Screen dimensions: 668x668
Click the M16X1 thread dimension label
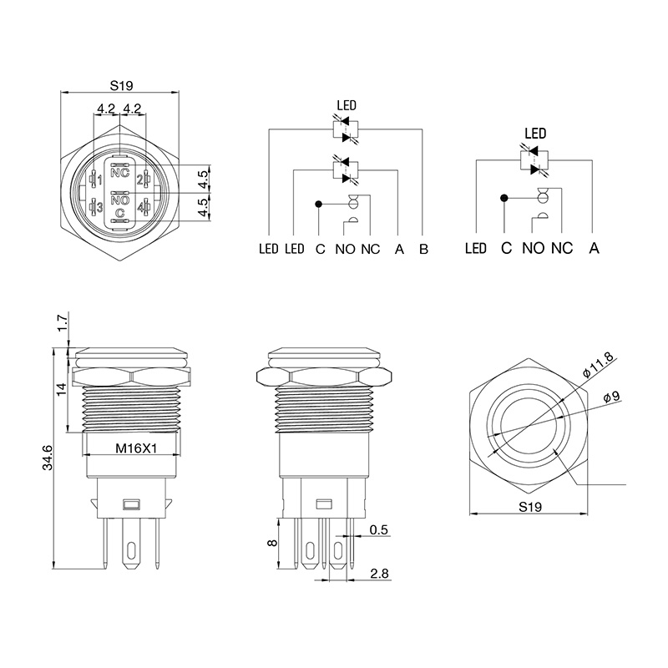point(136,448)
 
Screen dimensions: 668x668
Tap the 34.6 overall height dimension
point(48,458)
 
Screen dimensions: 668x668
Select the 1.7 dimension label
point(63,323)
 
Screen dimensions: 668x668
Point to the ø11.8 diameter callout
point(598,364)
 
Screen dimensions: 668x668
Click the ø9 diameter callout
point(612,397)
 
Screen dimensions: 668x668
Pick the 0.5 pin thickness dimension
point(379,529)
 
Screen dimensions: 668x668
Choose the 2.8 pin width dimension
point(379,574)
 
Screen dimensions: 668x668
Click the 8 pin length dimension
point(273,543)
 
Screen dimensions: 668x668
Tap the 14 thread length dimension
point(62,389)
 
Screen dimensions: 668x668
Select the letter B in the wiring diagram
point(423,249)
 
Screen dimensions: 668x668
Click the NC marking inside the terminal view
point(119,173)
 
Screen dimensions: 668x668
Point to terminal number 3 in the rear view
point(99,207)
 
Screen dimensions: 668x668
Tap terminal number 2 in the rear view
point(139,180)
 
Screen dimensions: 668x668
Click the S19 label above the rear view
point(121,86)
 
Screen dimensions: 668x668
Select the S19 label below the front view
point(530,507)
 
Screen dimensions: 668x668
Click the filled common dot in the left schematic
point(318,204)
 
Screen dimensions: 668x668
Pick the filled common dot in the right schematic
point(504,198)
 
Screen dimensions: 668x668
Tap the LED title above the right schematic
point(535,134)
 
